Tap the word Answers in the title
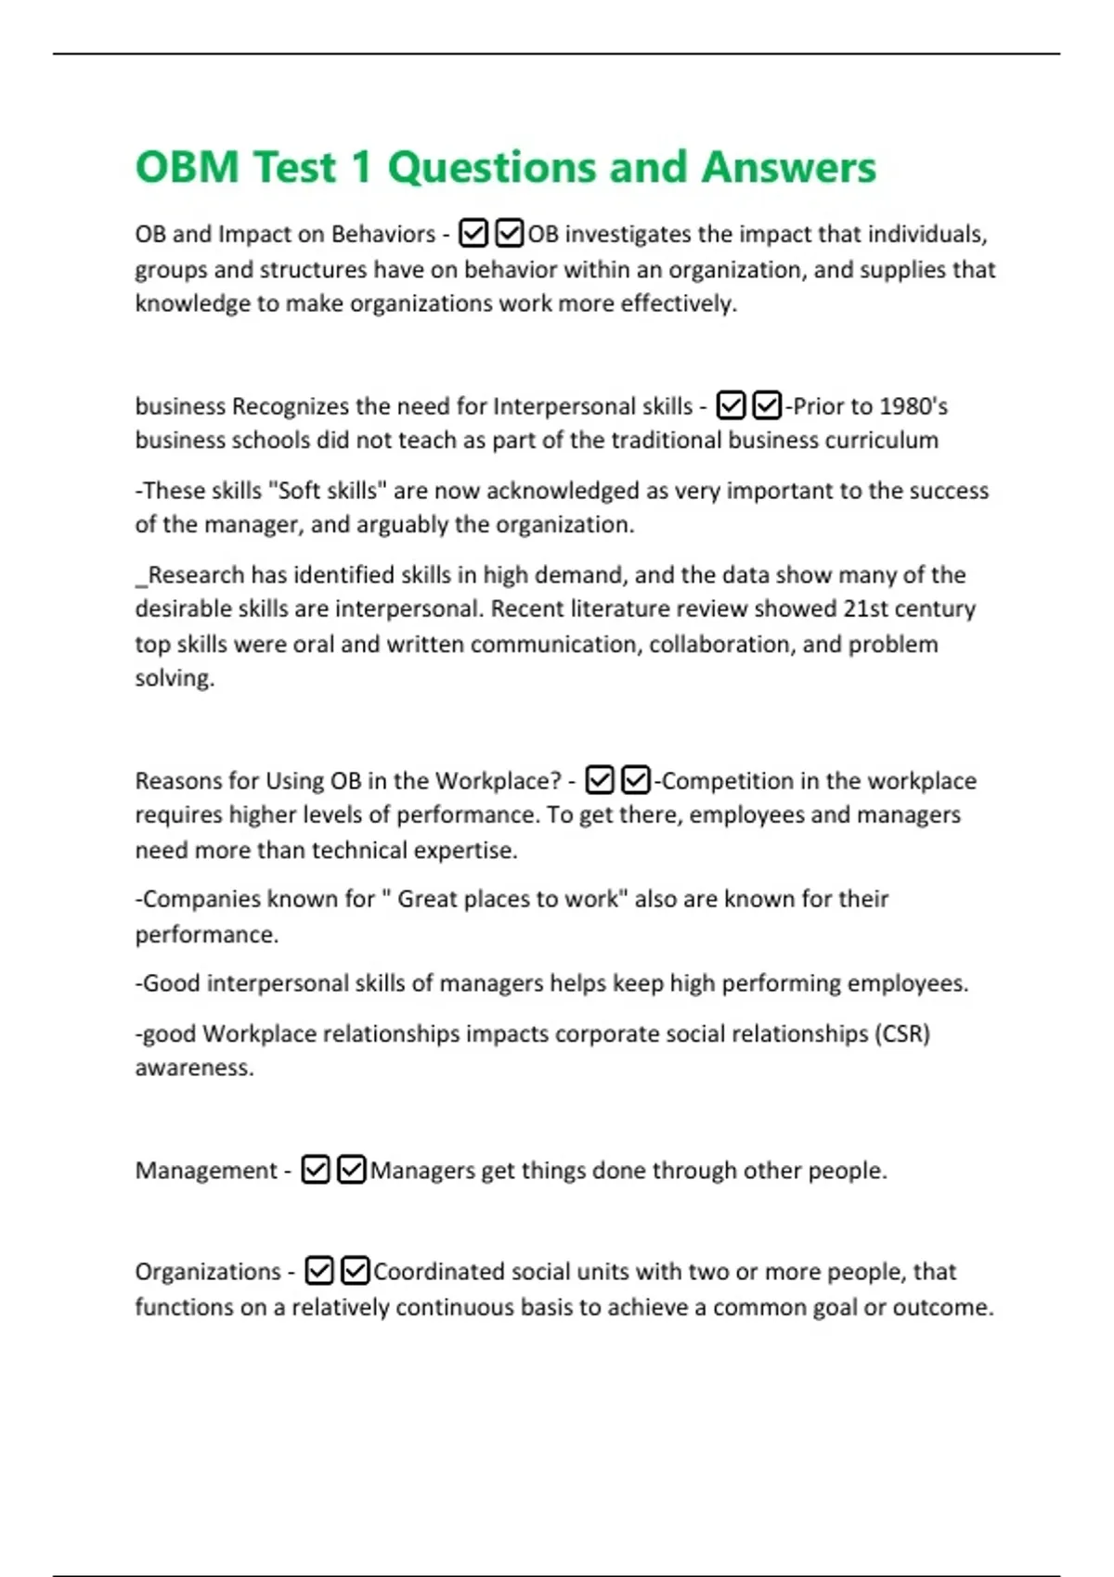[x=788, y=168]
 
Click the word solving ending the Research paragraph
[x=174, y=678]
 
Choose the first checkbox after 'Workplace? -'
[x=600, y=780]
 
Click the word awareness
[x=193, y=1068]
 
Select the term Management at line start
[x=206, y=1171]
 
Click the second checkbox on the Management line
[x=351, y=1170]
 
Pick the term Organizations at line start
[x=208, y=1272]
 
